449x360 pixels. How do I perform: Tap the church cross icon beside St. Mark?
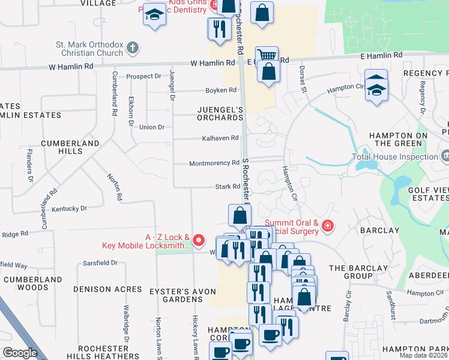[133, 47]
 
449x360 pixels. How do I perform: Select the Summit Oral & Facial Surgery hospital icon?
[328, 226]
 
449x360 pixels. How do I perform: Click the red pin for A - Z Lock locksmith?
[200, 242]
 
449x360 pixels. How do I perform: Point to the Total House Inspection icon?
[444, 157]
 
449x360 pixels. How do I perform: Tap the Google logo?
[20, 353]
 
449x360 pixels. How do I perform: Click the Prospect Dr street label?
[143, 76]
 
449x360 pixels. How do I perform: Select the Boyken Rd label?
[221, 90]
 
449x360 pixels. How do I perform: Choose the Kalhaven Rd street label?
[221, 138]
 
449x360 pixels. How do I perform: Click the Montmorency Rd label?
[214, 163]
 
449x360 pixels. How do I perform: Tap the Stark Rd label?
[228, 187]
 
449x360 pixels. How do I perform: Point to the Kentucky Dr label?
[69, 209]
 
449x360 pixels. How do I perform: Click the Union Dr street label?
[151, 127]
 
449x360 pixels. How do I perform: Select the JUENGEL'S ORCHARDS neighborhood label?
[221, 113]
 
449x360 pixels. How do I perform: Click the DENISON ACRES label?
[107, 289]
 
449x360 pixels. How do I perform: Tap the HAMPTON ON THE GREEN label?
[398, 139]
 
